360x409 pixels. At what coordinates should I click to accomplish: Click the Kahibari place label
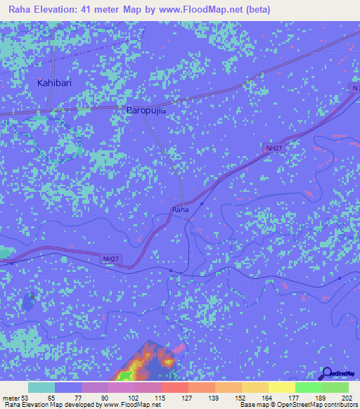tap(55, 83)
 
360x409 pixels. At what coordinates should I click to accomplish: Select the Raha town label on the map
tap(181, 209)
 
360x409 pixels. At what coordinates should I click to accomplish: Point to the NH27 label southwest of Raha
tap(111, 259)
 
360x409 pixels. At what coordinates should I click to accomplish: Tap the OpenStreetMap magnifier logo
tap(328, 375)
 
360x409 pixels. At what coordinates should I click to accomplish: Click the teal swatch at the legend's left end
tap(41, 387)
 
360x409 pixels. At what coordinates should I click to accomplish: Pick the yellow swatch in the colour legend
tap(282, 387)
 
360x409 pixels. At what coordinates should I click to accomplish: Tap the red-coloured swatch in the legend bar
tap(175, 387)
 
